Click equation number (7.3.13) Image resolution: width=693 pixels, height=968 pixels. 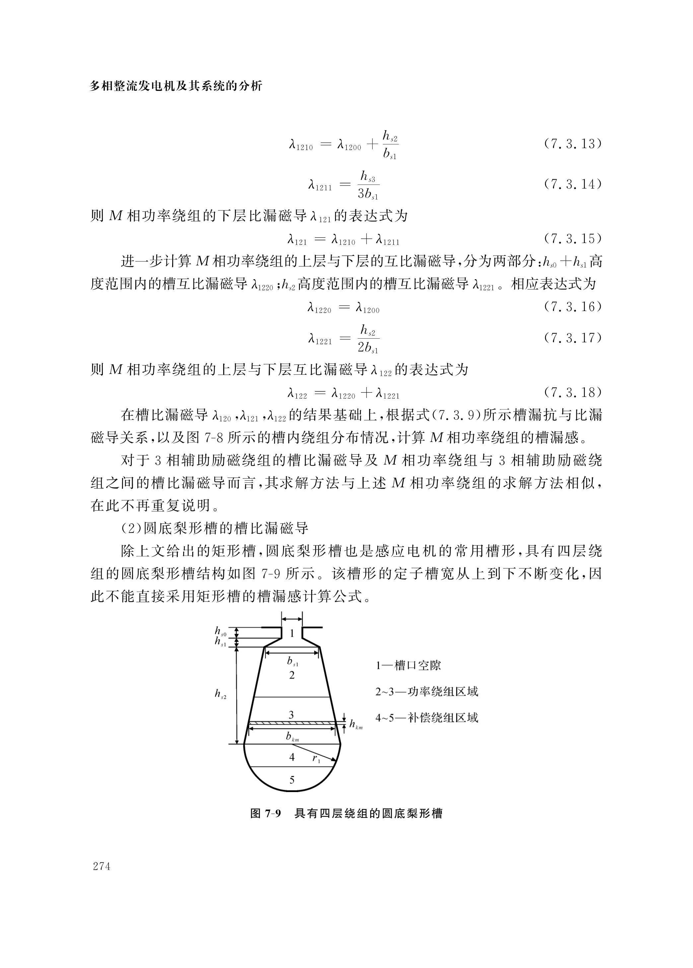(x=572, y=144)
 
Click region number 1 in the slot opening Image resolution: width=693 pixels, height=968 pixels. (x=292, y=633)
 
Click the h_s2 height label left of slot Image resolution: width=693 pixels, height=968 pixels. (x=220, y=694)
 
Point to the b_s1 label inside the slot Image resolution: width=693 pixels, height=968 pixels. (x=293, y=662)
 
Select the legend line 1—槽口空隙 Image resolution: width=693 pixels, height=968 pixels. (x=408, y=665)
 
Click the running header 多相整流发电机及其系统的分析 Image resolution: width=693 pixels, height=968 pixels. (x=176, y=86)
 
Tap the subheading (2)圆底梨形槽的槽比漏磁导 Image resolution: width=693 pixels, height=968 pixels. (x=215, y=528)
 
